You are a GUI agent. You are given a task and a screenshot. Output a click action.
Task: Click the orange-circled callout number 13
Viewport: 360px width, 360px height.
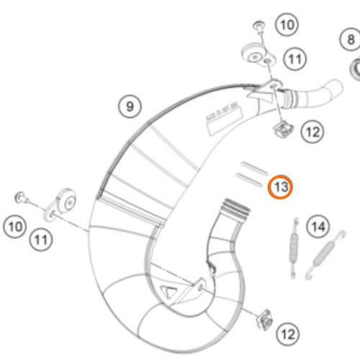281,188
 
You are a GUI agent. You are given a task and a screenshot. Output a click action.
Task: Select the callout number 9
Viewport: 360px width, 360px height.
129,107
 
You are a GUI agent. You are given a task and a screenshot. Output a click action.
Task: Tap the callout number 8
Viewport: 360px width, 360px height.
351,40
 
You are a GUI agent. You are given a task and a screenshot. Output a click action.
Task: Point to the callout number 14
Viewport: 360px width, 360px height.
317,228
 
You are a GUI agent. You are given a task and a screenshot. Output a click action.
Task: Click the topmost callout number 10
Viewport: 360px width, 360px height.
287,26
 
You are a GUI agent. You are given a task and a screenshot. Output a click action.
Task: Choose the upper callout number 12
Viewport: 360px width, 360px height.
311,132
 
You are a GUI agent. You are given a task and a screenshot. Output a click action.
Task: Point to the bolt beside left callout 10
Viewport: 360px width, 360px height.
21,196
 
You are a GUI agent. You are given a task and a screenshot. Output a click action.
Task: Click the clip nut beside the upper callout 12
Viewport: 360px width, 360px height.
282,130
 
